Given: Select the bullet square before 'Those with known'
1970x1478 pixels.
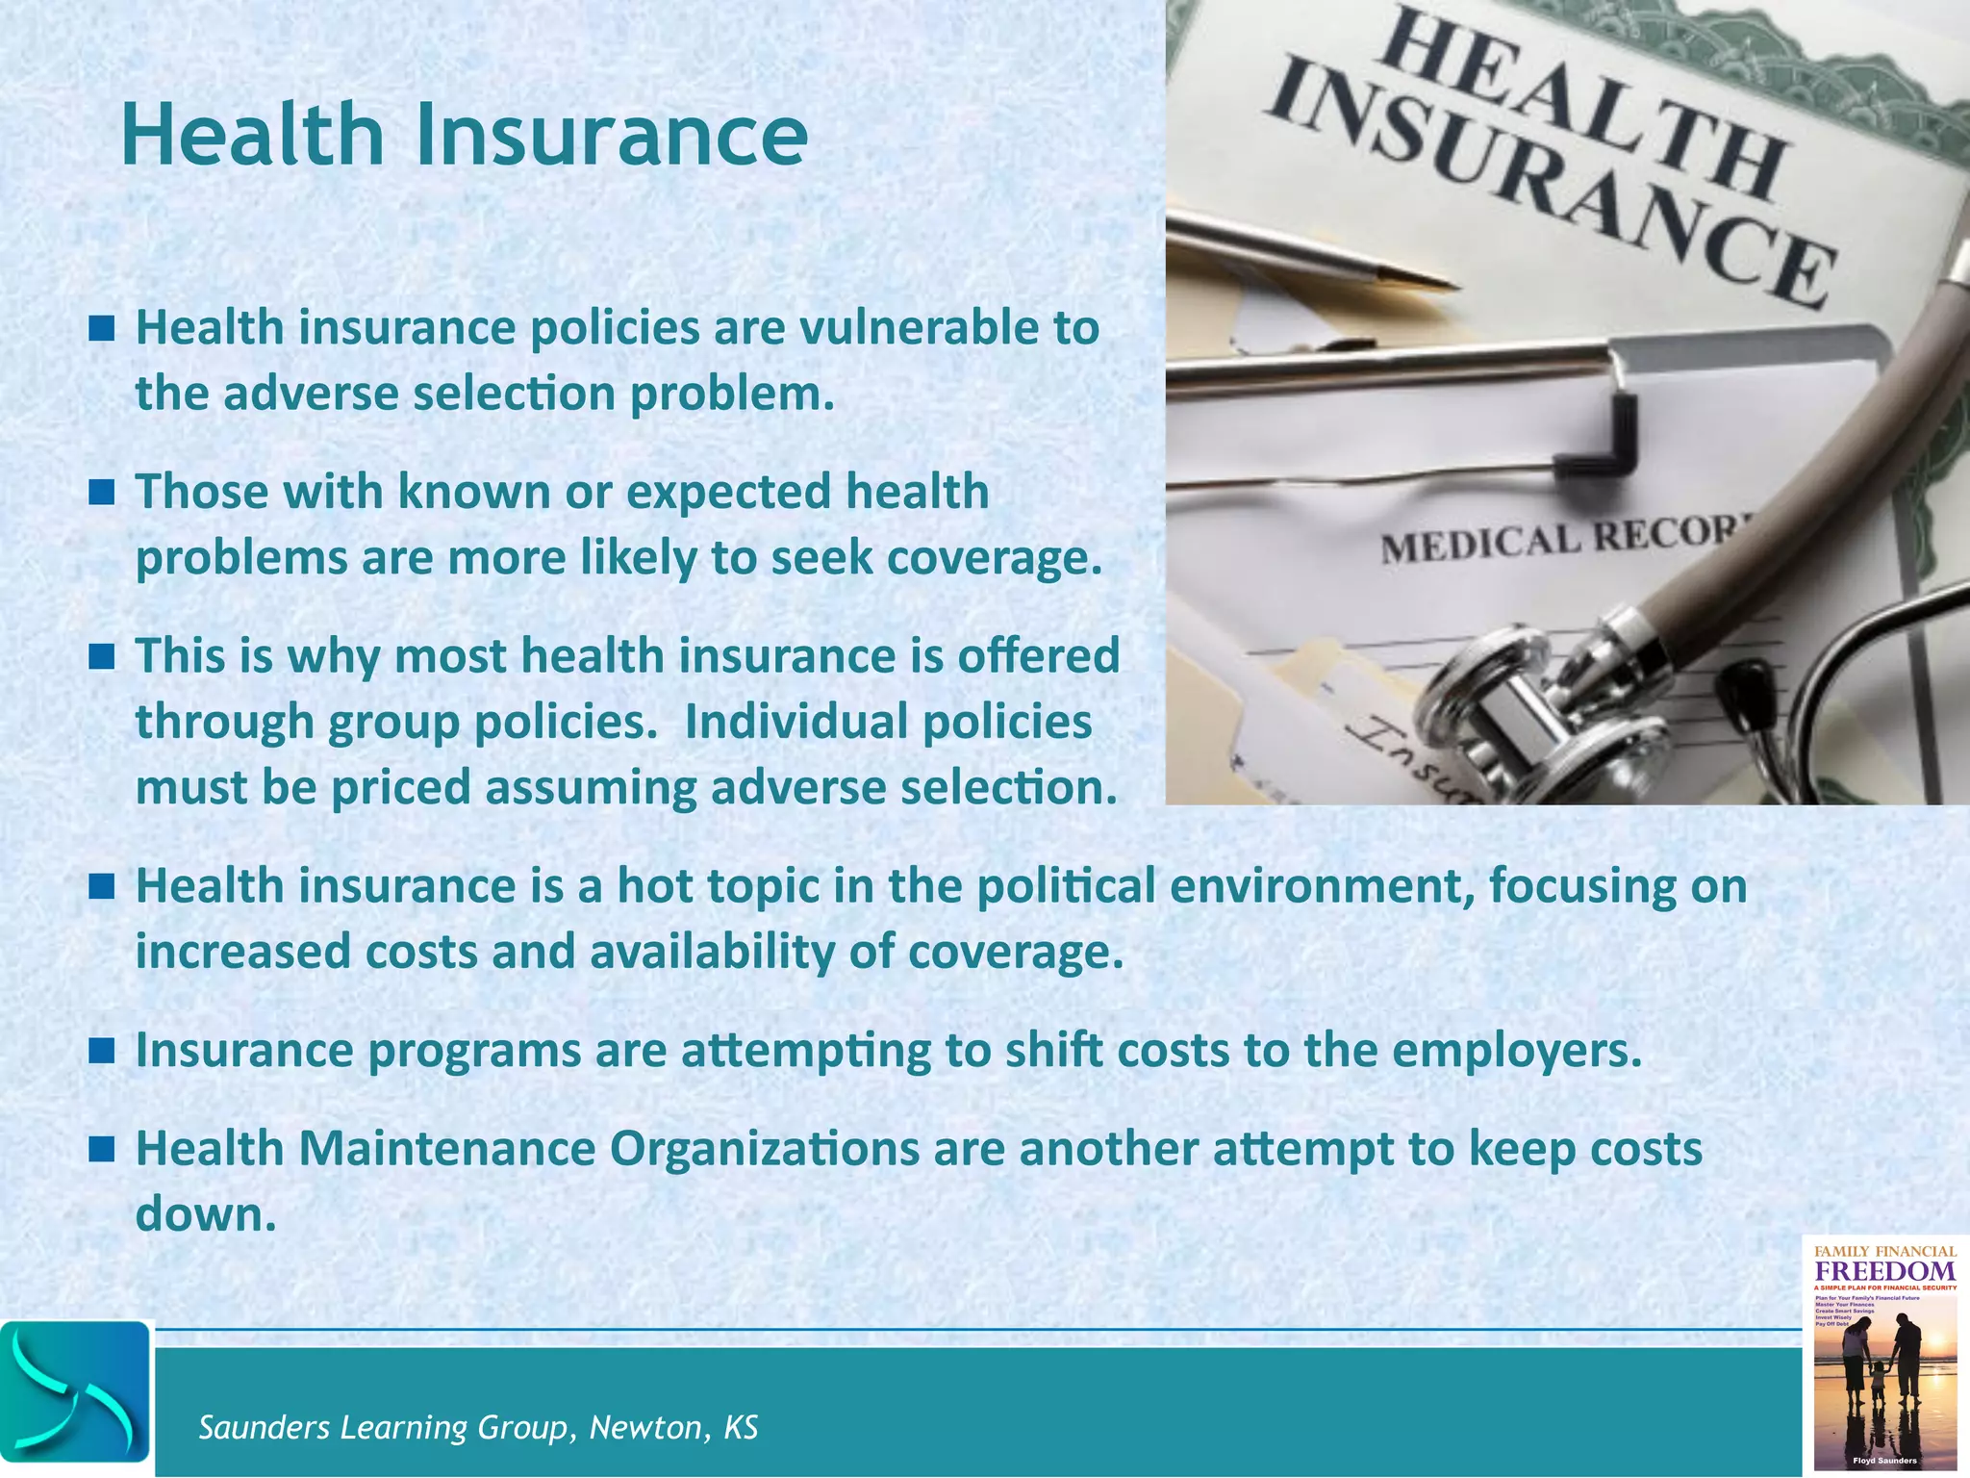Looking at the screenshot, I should click(101, 494).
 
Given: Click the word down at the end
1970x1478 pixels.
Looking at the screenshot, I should click(205, 1214).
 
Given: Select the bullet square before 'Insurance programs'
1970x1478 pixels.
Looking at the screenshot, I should click(101, 1051).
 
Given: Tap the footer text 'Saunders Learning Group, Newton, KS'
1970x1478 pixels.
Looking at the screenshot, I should click(478, 1427).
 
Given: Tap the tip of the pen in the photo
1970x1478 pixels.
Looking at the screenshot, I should click(1443, 284).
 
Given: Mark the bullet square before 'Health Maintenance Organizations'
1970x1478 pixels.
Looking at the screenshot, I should click(101, 1149).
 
